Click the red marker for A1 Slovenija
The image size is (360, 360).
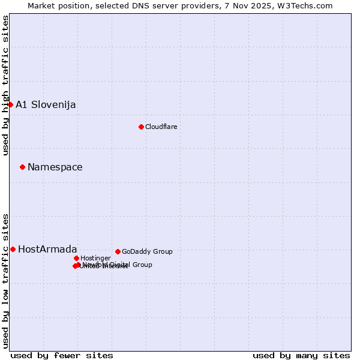pos(10,104)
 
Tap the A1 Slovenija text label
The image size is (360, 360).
pos(46,105)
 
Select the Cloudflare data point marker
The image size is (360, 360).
pos(141,127)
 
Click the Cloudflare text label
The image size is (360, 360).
pos(161,127)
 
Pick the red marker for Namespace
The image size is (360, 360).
pos(22,167)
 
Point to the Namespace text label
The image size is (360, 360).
pos(55,167)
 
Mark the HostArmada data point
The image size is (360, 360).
pos(13,249)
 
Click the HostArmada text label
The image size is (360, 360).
pos(47,250)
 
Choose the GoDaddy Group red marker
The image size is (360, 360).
pos(118,251)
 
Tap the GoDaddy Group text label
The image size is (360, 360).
pos(147,252)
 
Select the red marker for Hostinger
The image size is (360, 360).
pos(76,258)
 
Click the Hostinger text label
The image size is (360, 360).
pos(95,259)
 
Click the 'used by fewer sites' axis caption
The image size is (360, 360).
pos(62,356)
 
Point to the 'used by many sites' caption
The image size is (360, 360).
pos(301,356)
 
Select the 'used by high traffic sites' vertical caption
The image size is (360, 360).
pos(6,85)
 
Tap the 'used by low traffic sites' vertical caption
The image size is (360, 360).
pos(6,280)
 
